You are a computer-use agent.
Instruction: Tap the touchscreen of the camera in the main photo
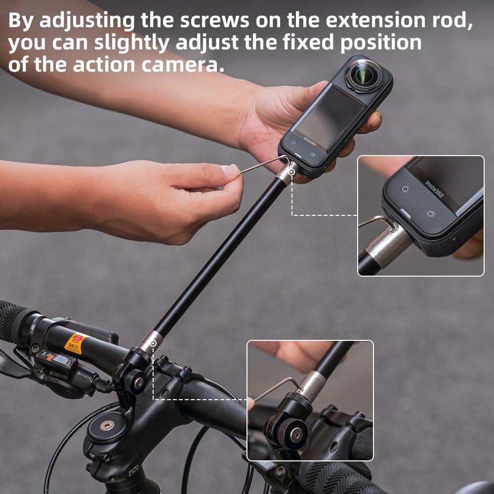point(326,115)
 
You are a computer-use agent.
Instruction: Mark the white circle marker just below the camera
point(292,172)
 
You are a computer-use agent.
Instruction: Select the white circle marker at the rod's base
point(154,343)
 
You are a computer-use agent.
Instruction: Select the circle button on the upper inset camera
point(405,189)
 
